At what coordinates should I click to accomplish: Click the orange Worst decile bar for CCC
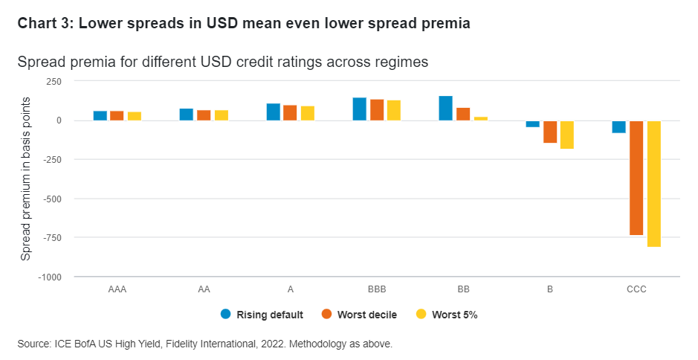636,178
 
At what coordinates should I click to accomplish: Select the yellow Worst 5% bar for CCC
654,183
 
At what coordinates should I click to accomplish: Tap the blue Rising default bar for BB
445,108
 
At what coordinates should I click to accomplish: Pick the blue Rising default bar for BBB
359,109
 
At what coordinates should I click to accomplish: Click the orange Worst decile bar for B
550,132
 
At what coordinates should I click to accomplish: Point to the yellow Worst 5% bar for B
567,135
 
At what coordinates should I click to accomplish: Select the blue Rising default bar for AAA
100,115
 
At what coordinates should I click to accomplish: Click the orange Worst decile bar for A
290,112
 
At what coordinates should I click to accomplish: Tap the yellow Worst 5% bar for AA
222,115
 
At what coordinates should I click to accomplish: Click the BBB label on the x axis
376,289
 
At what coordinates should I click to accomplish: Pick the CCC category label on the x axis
636,289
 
